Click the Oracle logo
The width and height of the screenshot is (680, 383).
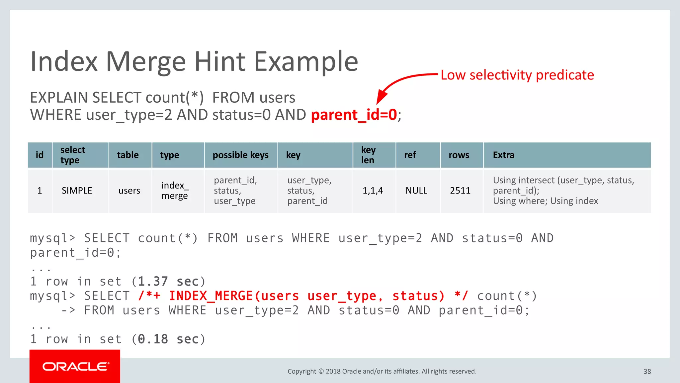pos(75,366)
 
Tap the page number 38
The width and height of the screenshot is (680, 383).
pos(647,371)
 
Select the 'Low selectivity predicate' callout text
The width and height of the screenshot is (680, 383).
pos(517,75)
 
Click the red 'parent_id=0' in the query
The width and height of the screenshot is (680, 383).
pos(354,115)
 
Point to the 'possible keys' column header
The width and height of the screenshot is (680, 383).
pos(240,155)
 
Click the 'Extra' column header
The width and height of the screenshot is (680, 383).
pos(503,155)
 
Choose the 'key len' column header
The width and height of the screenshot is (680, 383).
pos(368,155)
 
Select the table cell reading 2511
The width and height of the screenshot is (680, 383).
pos(460,191)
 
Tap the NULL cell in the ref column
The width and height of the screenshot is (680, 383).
pos(416,191)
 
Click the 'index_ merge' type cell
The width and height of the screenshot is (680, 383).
pos(175,191)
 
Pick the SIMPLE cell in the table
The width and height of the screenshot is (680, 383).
pos(77,191)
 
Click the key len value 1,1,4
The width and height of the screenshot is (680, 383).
pos(373,191)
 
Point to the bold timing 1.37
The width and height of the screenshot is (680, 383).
pos(153,282)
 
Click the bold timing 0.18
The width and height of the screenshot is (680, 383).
pos(153,339)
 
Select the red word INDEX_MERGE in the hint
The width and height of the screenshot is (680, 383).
pos(211,296)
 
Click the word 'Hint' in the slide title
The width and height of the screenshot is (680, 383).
pos(220,62)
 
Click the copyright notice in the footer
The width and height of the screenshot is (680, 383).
pos(382,371)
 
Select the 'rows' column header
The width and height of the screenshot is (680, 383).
pos(459,155)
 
